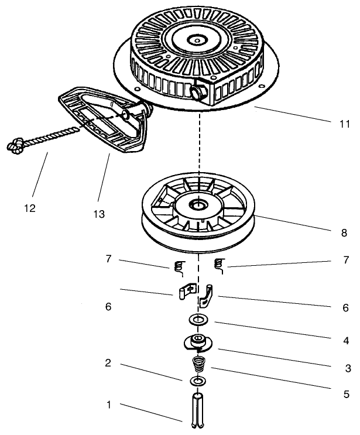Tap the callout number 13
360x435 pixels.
(x=99, y=214)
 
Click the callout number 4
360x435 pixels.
(x=345, y=338)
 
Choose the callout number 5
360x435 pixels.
(x=345, y=393)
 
